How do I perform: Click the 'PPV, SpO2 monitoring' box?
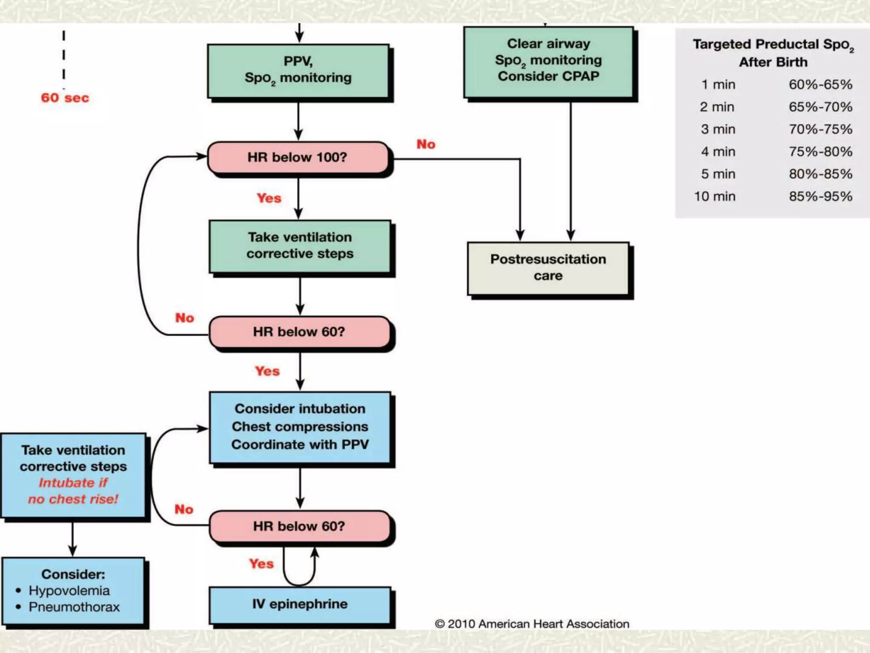(x=298, y=70)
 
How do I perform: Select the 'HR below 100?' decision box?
(x=297, y=157)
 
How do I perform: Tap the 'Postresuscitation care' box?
(x=548, y=268)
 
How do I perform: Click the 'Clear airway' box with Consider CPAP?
(x=548, y=60)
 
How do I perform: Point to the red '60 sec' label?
(x=65, y=98)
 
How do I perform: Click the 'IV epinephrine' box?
(x=299, y=604)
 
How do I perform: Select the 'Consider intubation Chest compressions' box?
(x=299, y=426)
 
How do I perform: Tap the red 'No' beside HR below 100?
(x=426, y=144)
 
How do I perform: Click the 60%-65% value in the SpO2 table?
(x=820, y=85)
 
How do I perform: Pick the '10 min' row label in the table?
(x=715, y=196)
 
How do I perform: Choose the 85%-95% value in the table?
(x=820, y=196)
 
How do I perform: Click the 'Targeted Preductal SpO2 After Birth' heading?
(x=773, y=53)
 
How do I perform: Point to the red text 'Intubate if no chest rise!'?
(x=73, y=491)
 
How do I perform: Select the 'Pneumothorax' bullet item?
(x=74, y=607)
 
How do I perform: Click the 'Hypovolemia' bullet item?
(x=69, y=591)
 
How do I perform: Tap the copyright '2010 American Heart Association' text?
(x=532, y=624)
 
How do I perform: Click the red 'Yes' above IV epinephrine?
(x=261, y=564)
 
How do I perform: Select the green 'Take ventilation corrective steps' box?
(x=299, y=245)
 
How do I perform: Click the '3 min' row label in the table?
(x=718, y=129)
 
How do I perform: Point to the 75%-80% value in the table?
(x=820, y=152)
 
